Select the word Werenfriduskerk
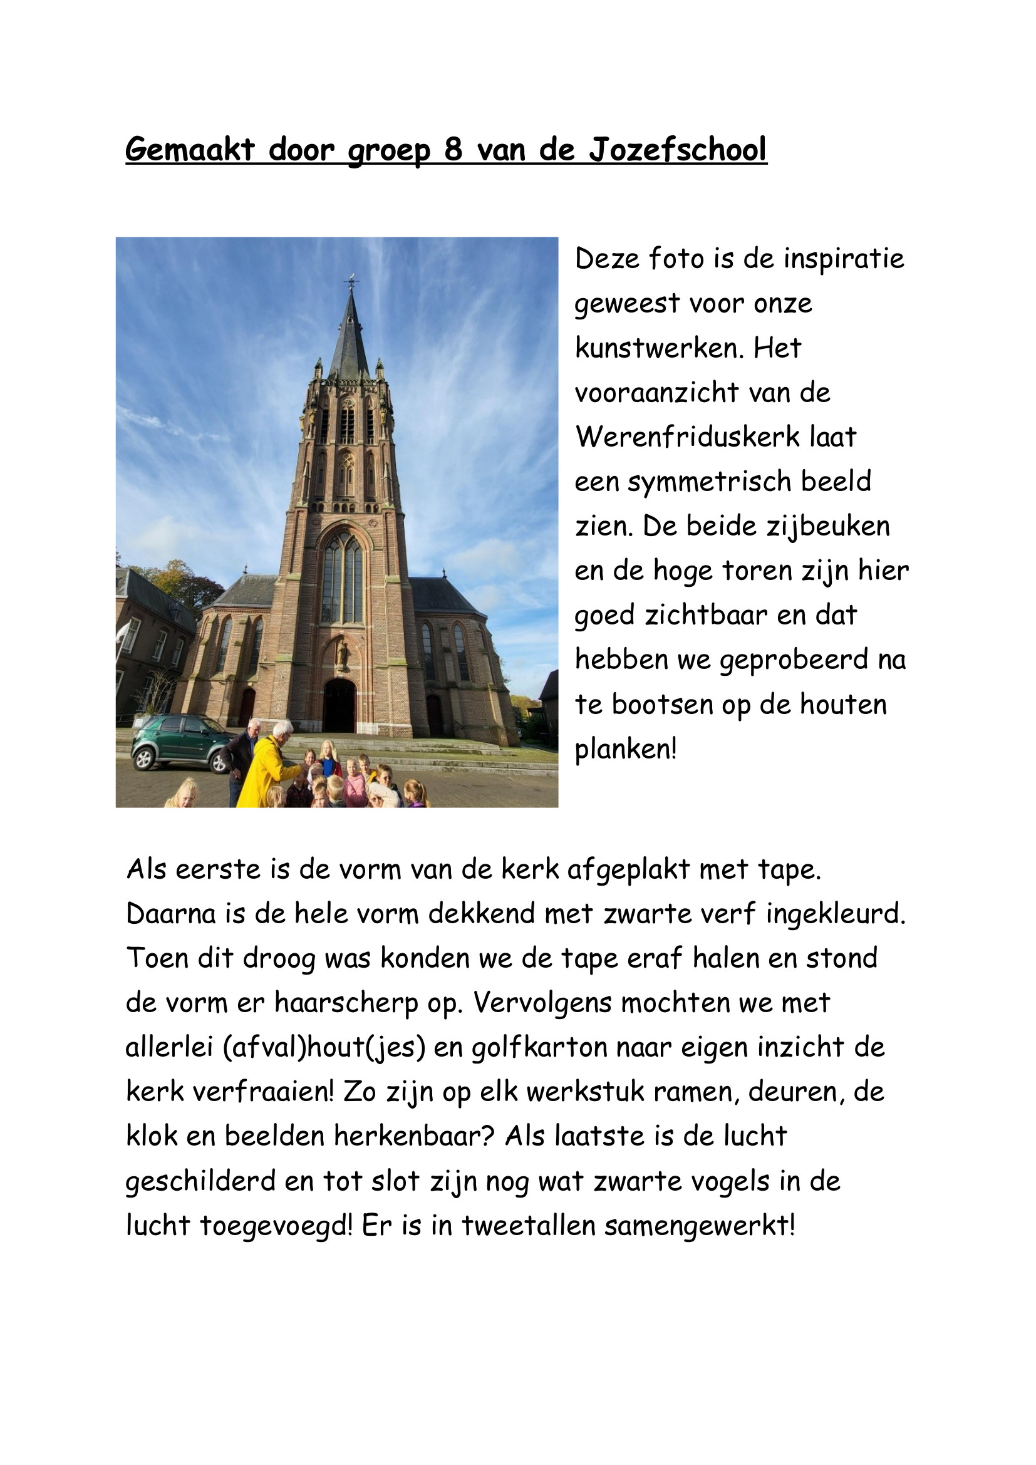[687, 437]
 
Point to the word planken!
[624, 749]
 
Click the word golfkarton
[539, 1048]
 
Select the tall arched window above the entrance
[343, 579]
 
